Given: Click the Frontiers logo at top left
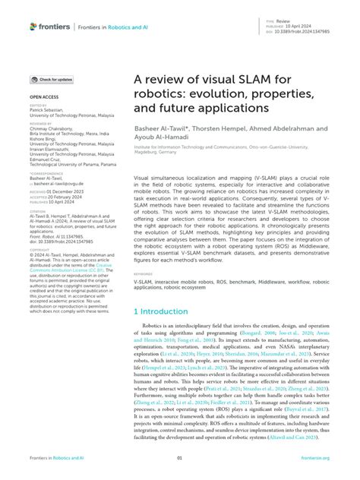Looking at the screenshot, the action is [x=49, y=26].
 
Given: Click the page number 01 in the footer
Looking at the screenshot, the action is [x=180, y=458].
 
